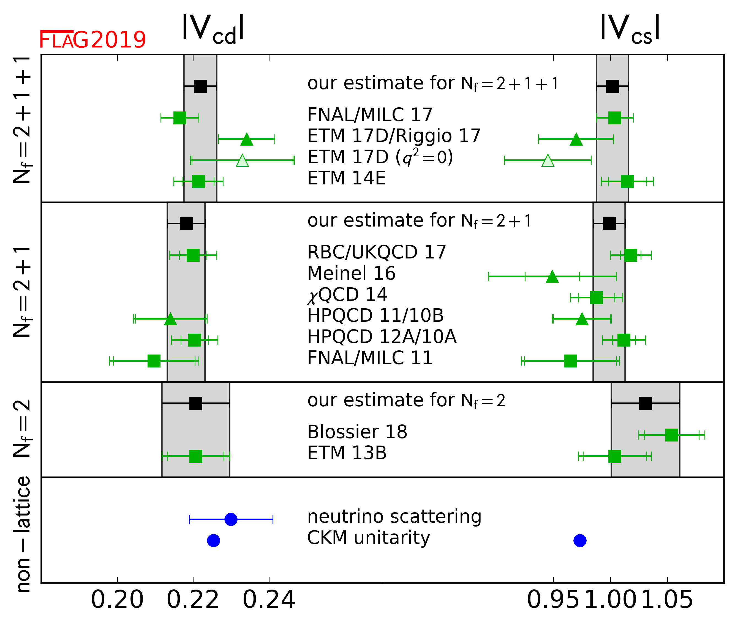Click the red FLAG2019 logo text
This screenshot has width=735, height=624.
92,40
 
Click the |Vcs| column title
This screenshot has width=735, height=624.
630,29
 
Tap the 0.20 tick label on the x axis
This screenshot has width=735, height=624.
117,600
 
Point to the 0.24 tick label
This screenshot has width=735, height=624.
269,600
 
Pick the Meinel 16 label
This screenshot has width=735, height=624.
351,273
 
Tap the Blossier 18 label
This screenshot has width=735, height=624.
357,432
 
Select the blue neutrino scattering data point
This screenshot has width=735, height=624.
231,519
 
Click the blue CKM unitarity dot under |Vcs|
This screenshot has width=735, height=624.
580,541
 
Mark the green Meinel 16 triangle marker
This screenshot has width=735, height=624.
552,277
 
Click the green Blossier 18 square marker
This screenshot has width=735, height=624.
672,435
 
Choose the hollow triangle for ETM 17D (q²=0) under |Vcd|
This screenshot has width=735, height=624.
242,160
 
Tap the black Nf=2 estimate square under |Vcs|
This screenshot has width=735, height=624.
646,403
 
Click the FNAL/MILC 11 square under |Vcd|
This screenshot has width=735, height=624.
154,361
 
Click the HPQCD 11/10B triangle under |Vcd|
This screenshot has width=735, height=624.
170,319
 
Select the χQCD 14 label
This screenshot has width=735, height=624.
347,295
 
